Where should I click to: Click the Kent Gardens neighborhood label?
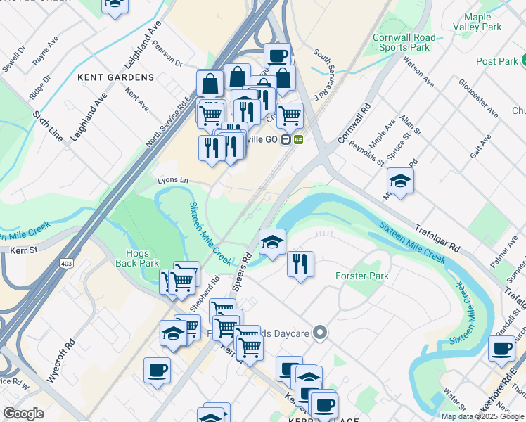tap(116, 77)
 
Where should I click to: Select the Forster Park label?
tap(362, 276)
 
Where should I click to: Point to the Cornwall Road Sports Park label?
tap(404, 42)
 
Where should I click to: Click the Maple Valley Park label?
tap(482, 22)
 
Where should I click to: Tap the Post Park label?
tap(496, 61)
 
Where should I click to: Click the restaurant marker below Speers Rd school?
tap(300, 264)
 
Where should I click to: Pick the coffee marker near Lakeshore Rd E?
tap(501, 348)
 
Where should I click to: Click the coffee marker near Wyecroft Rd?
tap(157, 369)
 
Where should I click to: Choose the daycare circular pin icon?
tap(321, 332)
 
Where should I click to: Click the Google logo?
tap(23, 414)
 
